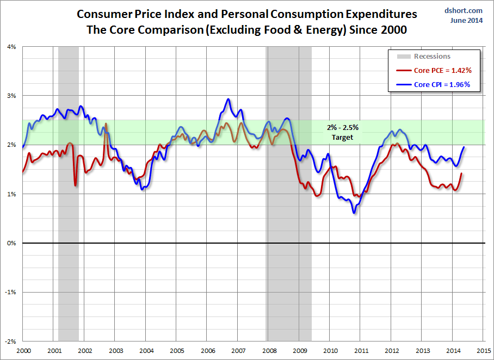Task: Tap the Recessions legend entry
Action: pyautogui.click(x=432, y=57)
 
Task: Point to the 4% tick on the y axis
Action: pyautogui.click(x=12, y=47)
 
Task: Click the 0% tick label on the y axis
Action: pyautogui.click(x=12, y=243)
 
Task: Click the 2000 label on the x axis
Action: pyautogui.click(x=23, y=351)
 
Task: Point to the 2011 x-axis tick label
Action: pyautogui.click(x=361, y=351)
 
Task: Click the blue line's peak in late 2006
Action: pyautogui.click(x=228, y=99)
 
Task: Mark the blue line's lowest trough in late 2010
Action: pyautogui.click(x=354, y=212)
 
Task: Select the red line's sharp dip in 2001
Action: pyautogui.click(x=75, y=185)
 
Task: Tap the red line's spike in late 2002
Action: pyautogui.click(x=105, y=123)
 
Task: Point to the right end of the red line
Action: pyautogui.click(x=461, y=173)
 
